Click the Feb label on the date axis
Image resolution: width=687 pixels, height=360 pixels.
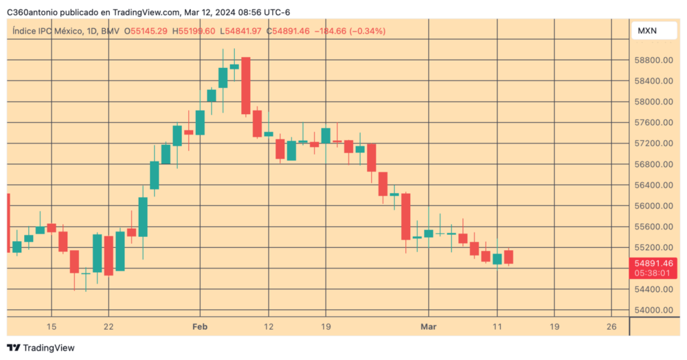click(x=200, y=326)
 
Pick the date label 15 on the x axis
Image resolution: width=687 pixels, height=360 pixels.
click(x=51, y=326)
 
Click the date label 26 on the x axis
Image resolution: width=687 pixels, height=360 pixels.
click(x=611, y=326)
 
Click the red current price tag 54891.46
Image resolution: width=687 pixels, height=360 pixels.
click(x=653, y=263)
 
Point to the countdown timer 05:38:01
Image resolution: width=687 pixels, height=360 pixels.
click(x=653, y=273)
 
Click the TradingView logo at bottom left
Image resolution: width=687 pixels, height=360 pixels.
click(x=41, y=348)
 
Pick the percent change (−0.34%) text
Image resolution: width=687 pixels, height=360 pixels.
click(x=368, y=31)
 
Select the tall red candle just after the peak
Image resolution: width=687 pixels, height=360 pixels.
click(x=245, y=86)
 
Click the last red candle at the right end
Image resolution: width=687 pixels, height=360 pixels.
click(x=508, y=257)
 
